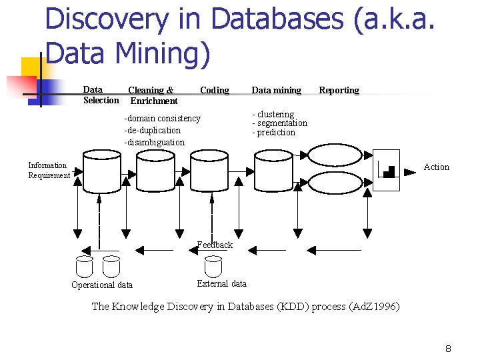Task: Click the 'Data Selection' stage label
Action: (x=100, y=95)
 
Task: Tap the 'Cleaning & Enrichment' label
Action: (x=153, y=95)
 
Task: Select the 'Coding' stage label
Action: (x=214, y=90)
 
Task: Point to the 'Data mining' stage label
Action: (x=276, y=90)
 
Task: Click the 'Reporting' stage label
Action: (x=339, y=90)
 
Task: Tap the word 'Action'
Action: (x=437, y=167)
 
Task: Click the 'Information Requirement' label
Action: (x=48, y=170)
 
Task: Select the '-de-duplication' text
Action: (x=153, y=130)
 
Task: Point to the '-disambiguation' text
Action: (x=155, y=142)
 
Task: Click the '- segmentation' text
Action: (x=279, y=123)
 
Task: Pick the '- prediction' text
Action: (x=273, y=133)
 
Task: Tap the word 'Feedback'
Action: (x=215, y=245)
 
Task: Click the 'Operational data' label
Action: (x=102, y=285)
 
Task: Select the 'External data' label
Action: (x=221, y=283)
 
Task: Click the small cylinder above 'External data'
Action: (x=213, y=266)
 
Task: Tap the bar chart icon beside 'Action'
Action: (x=386, y=170)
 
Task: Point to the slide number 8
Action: (x=449, y=349)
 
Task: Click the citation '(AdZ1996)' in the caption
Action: (x=375, y=307)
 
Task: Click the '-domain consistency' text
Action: (x=162, y=118)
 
